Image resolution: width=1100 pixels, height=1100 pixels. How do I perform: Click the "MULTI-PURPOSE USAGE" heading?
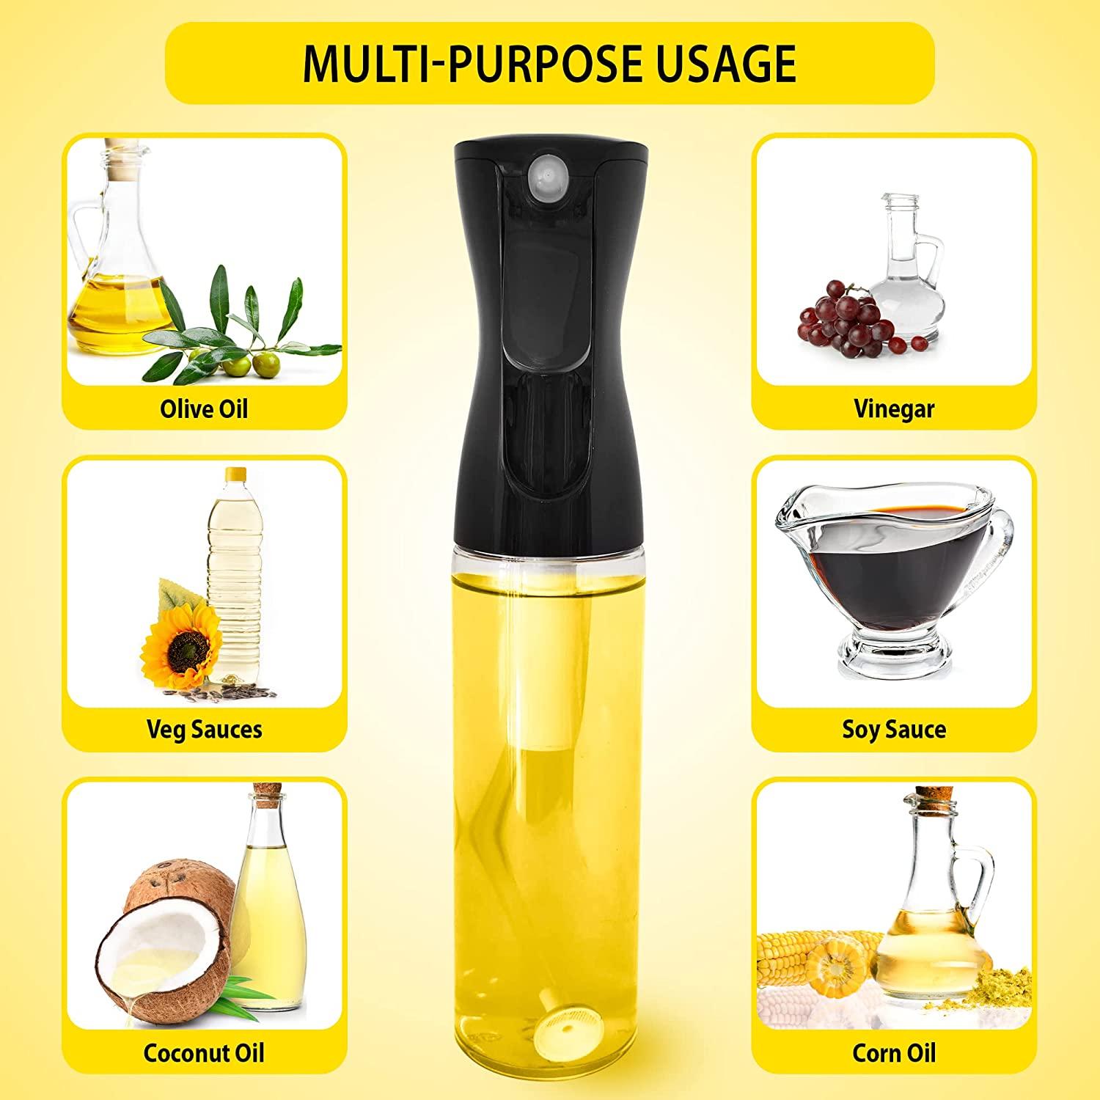tap(549, 64)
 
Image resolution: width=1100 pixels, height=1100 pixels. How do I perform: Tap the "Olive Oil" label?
tap(204, 408)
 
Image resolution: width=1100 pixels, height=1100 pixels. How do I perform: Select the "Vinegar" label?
tap(894, 408)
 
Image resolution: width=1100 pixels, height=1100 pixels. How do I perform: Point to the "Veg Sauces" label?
tap(204, 729)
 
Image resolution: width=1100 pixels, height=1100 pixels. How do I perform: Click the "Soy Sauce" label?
tap(894, 729)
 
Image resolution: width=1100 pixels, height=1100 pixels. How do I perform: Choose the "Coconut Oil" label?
tap(204, 1052)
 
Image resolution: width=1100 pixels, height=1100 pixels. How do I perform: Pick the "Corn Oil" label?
tap(894, 1052)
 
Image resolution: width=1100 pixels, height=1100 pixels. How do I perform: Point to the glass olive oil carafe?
tap(109, 257)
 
